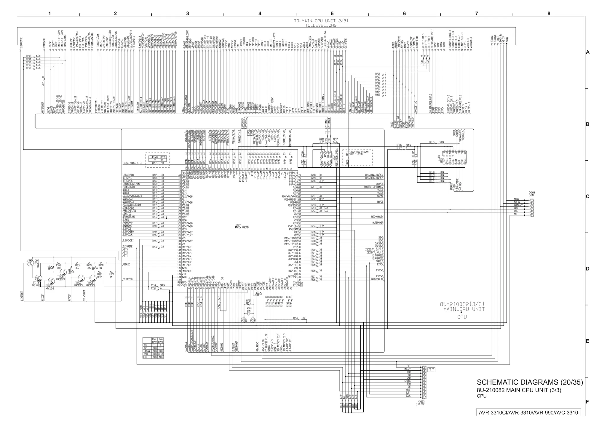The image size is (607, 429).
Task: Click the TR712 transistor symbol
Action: pyautogui.click(x=30, y=263)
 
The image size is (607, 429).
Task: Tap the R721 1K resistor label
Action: pyautogui.click(x=111, y=275)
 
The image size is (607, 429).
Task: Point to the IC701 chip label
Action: pyautogui.click(x=242, y=226)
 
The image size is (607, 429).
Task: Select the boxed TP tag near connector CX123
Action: pyautogui.click(x=432, y=370)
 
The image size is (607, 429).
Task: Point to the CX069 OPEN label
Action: pyautogui.click(x=531, y=194)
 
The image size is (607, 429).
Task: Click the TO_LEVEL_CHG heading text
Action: pyautogui.click(x=320, y=25)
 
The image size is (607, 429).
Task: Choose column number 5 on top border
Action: pyautogui.click(x=332, y=14)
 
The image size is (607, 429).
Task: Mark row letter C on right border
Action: pyautogui.click(x=587, y=196)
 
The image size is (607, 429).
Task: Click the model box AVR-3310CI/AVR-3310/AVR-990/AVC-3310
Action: pyautogui.click(x=528, y=413)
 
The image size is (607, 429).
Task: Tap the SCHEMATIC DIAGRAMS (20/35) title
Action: pyautogui.click(x=530, y=382)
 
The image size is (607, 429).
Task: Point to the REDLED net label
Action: pyautogui.click(x=126, y=264)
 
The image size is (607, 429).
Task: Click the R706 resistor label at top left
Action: pyautogui.click(x=28, y=56)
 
